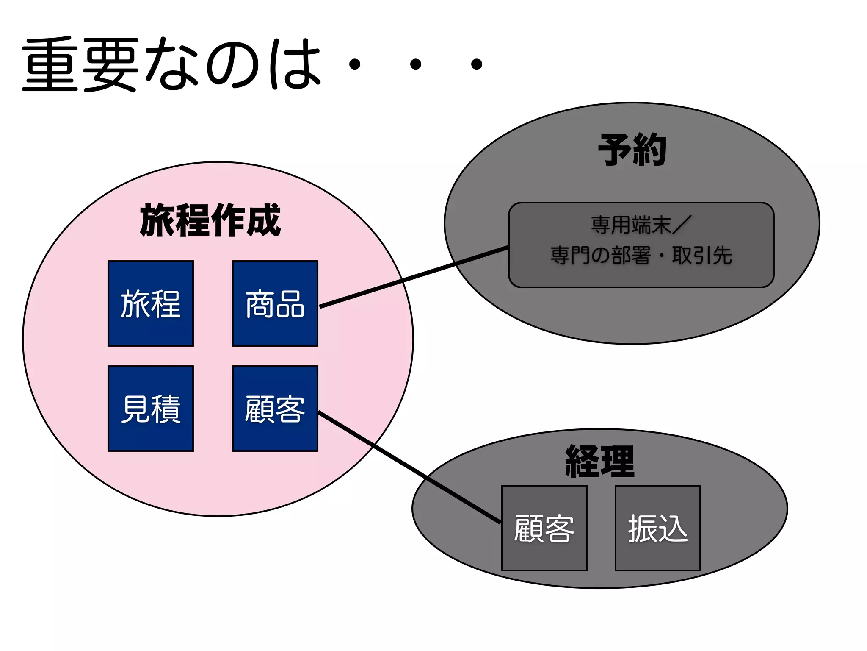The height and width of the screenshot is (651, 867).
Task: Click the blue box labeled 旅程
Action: click(x=151, y=303)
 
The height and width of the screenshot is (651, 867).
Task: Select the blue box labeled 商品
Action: click(x=275, y=303)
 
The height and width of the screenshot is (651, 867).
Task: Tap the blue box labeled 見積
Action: click(x=151, y=409)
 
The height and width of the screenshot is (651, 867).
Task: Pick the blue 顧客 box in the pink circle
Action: click(x=275, y=409)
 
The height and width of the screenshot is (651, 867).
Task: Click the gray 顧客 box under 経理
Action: click(x=544, y=528)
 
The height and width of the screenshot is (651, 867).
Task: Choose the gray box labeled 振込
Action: click(x=657, y=528)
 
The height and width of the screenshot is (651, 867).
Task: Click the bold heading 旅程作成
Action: click(x=210, y=220)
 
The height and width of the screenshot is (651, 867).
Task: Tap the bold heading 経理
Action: click(x=600, y=461)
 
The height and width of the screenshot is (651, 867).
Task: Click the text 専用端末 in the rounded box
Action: click(x=631, y=225)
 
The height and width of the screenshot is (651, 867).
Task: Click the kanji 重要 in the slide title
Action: click(x=80, y=64)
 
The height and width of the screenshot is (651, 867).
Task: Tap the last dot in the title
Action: click(x=477, y=64)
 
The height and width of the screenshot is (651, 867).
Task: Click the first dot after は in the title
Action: click(x=354, y=64)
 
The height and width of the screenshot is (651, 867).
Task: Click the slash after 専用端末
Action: click(x=682, y=225)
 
